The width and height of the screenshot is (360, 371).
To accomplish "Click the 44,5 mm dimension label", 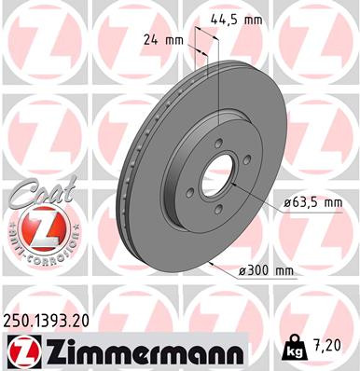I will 237,18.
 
